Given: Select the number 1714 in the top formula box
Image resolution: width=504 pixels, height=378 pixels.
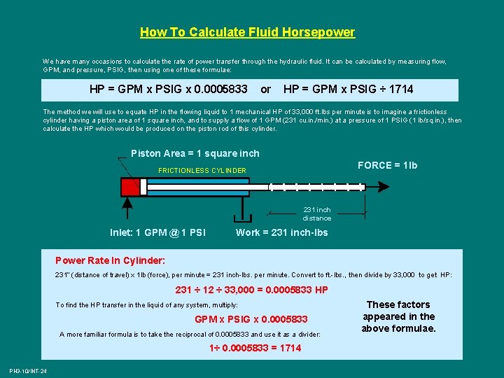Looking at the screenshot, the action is (x=401, y=90).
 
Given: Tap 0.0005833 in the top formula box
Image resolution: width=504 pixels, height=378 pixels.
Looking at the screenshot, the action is (x=220, y=90).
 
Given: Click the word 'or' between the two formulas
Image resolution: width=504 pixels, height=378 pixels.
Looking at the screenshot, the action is (x=265, y=90).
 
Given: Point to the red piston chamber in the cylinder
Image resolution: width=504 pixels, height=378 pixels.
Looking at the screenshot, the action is (x=130, y=187).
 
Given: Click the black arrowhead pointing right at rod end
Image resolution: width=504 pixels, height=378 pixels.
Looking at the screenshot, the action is (x=384, y=187).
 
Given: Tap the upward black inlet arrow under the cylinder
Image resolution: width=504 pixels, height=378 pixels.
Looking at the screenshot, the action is (x=127, y=209).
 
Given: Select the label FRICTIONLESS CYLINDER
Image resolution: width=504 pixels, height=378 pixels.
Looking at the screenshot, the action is (x=202, y=170).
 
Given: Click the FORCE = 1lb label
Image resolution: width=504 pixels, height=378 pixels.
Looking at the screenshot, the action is (x=387, y=165).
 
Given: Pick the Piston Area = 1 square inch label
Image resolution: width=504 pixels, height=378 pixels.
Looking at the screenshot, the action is (x=195, y=153).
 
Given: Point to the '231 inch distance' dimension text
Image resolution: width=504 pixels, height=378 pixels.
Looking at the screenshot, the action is (x=317, y=214).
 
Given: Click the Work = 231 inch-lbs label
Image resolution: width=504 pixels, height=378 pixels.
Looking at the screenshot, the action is (x=282, y=232).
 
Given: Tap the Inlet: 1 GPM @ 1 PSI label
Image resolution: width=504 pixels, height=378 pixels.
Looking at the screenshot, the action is (x=157, y=232).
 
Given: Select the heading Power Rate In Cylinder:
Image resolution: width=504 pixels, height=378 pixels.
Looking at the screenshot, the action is (x=111, y=260).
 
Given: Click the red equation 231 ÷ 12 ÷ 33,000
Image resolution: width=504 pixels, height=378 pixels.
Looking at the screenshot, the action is (x=215, y=290).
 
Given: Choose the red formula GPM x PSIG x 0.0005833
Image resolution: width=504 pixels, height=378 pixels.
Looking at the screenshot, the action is (x=251, y=319).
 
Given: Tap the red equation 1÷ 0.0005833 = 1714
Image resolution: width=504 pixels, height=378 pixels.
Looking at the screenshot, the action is (x=255, y=348).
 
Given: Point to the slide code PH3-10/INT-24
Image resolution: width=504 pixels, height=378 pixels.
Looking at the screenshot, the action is (x=28, y=371).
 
